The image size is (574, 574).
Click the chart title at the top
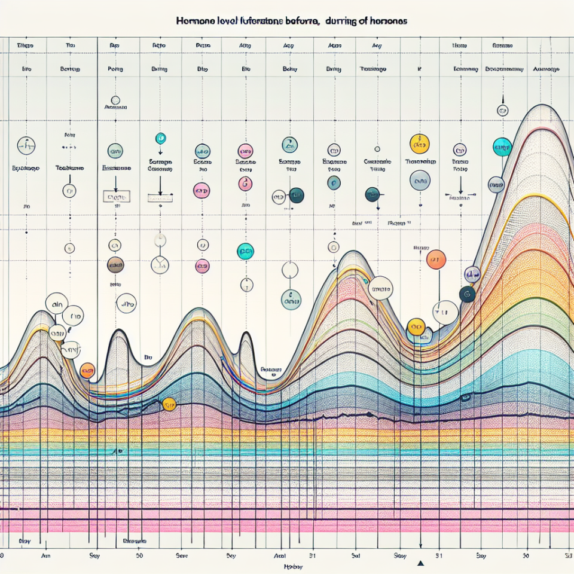pyautogui.click(x=292, y=20)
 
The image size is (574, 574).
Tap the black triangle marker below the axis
pyautogui.click(x=420, y=563)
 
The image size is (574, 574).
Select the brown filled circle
pyautogui.click(x=115, y=264)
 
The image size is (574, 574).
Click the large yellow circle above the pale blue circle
pyautogui.click(x=420, y=144)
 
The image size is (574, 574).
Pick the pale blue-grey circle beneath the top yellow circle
pyautogui.click(x=420, y=180)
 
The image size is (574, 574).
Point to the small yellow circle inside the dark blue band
pyautogui.click(x=169, y=405)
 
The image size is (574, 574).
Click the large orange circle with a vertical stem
pyautogui.click(x=436, y=259)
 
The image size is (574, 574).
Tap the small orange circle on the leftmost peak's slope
pyautogui.click(x=87, y=371)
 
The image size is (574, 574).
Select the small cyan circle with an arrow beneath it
pyautogui.click(x=160, y=138)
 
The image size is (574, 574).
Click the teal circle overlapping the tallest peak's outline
pyautogui.click(x=502, y=146)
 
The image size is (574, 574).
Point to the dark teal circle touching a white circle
pyautogui.click(x=296, y=194)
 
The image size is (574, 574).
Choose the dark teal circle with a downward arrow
pyautogui.click(x=372, y=194)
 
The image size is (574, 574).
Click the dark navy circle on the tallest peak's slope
pyautogui.click(x=467, y=294)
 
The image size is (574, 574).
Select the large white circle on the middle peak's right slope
pyautogui.click(x=380, y=288)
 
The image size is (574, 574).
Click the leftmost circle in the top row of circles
pyautogui.click(x=26, y=145)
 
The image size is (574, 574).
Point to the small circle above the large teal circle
pyautogui.click(x=502, y=110)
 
